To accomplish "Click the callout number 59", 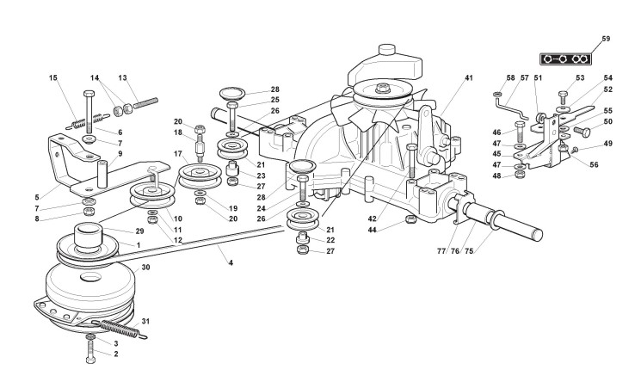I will [x=606, y=39].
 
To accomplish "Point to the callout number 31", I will [x=145, y=321].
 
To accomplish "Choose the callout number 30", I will [x=145, y=268].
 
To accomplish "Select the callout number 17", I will [x=179, y=155].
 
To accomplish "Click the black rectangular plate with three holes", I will [x=564, y=59].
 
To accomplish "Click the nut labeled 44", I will [x=411, y=222].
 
